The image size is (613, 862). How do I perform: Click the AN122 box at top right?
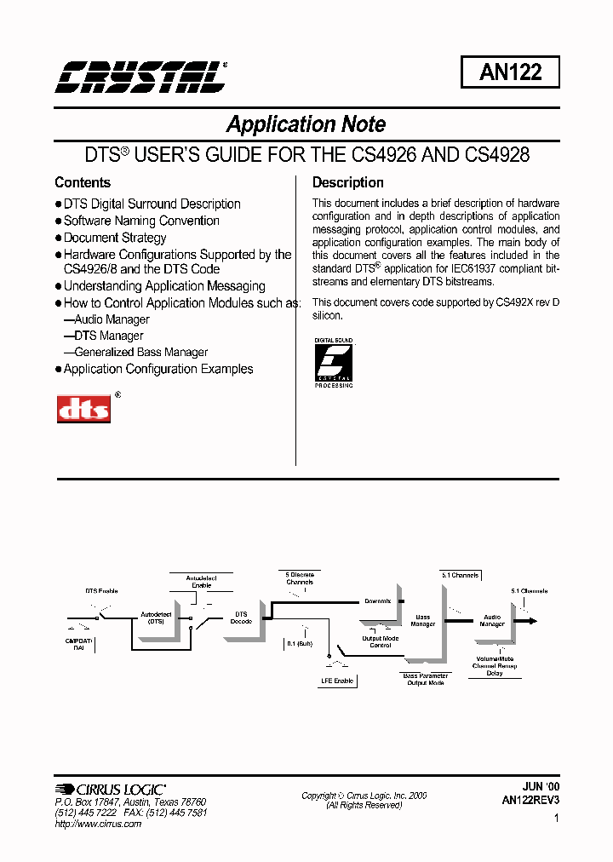510,72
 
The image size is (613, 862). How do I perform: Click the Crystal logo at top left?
141,77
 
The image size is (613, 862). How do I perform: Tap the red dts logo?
83,408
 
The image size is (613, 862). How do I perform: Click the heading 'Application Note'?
306,124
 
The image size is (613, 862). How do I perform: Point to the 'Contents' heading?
83,182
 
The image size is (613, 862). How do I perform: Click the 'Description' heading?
347,182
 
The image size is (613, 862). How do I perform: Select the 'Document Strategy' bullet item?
115,238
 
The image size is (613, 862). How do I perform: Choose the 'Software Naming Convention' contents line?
141,221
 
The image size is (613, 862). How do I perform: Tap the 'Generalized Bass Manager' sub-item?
140,352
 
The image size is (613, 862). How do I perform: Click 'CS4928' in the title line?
498,155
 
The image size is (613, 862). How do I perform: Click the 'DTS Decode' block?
241,618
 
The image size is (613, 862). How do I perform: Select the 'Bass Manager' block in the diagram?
423,620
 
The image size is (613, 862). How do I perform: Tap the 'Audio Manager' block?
492,620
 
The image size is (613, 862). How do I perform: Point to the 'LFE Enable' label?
337,681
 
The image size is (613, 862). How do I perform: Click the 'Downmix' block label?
377,601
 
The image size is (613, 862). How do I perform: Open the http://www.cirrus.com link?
98,824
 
